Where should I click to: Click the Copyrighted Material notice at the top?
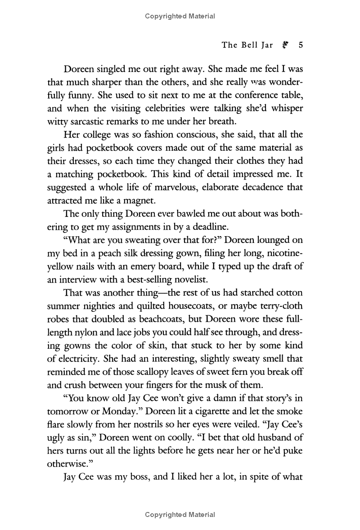(180, 17)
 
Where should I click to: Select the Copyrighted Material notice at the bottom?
(180, 515)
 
